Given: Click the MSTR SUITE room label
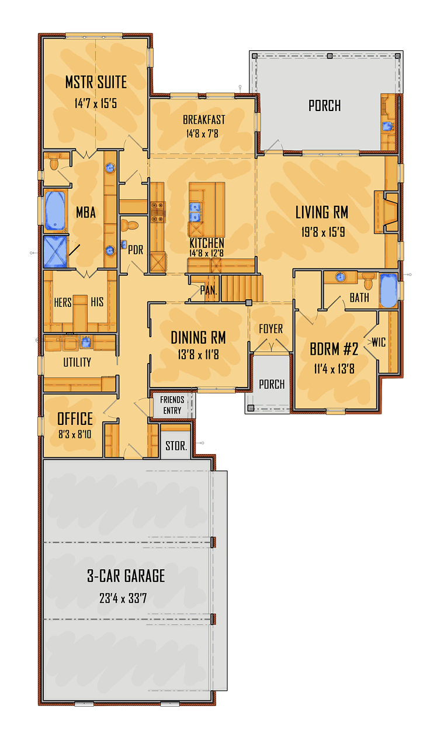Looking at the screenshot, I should click(x=96, y=82).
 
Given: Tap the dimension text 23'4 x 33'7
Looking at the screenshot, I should click(x=126, y=598).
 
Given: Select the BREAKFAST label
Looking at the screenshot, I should click(x=204, y=120).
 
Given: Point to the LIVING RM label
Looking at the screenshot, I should click(x=322, y=212).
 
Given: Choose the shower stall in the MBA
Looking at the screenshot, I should click(x=56, y=252).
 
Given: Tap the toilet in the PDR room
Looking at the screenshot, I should click(x=131, y=225).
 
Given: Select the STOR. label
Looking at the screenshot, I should click(x=176, y=446).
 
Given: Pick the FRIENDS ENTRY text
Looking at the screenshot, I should click(x=172, y=405).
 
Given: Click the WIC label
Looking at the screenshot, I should click(x=379, y=342).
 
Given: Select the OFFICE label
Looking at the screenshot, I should click(x=75, y=418).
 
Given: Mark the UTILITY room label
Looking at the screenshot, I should click(x=77, y=362).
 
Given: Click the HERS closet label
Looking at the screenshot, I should click(x=63, y=302).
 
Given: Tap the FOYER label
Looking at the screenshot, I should click(x=270, y=329).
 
